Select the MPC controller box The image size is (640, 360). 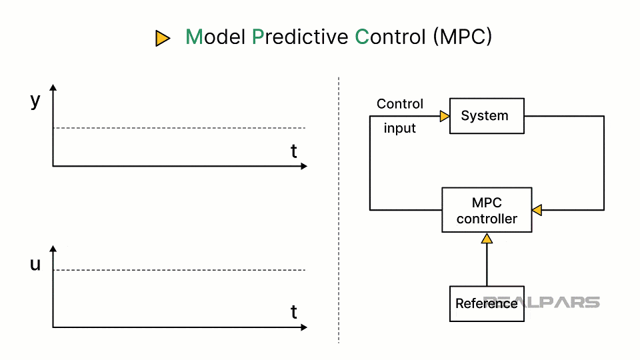click(487, 210)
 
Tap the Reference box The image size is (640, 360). click(487, 304)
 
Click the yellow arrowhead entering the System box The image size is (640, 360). click(445, 117)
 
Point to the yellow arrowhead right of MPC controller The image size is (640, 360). click(537, 211)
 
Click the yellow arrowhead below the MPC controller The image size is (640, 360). click(487, 238)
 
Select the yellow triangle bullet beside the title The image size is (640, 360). click(162, 39)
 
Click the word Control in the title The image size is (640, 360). click(390, 37)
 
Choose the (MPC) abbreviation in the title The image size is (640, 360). click(462, 37)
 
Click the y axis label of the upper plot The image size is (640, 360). click(35, 101)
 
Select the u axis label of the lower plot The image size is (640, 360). click(35, 264)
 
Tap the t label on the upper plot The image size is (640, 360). click(293, 151)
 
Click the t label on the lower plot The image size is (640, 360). click(293, 312)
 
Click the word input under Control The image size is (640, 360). click(399, 129)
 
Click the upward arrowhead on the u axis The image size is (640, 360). click(53, 249)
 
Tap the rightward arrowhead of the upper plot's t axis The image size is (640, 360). click(304, 166)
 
